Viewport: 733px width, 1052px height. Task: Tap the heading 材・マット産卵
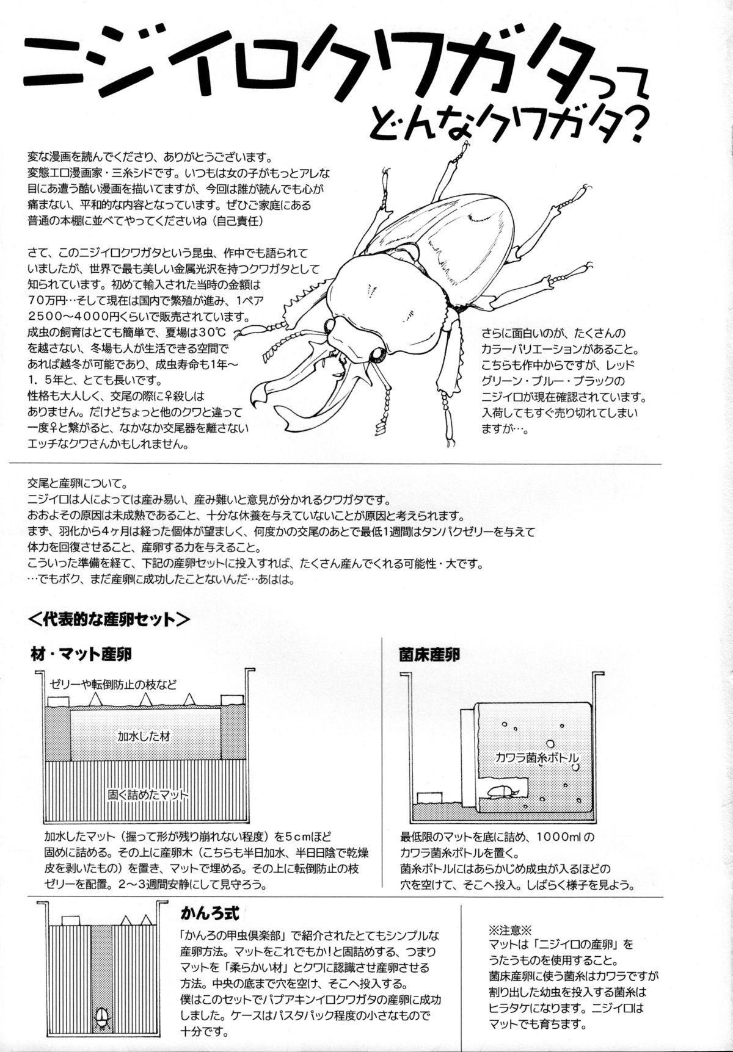pyautogui.click(x=81, y=655)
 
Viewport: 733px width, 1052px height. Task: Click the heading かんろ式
pyautogui.click(x=206, y=913)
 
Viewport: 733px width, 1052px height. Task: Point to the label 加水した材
pyautogui.click(x=144, y=737)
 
